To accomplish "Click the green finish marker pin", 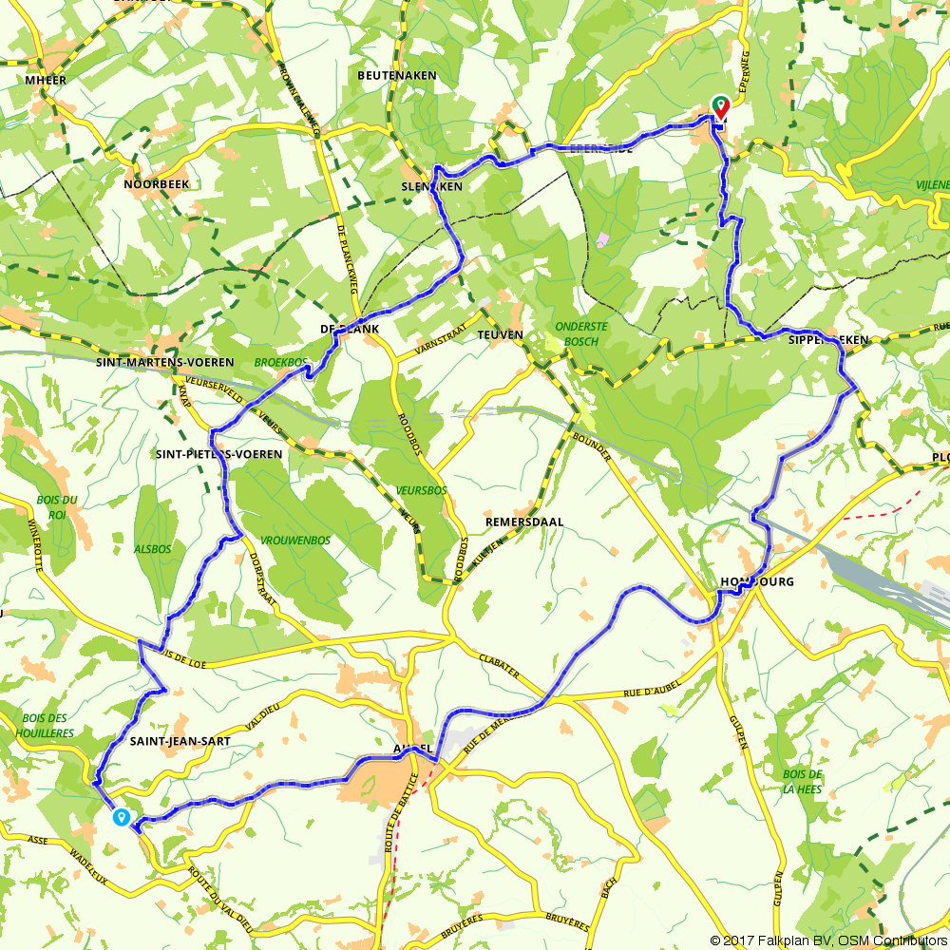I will (720, 106).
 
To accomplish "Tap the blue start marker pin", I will (122, 817).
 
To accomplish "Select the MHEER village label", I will (47, 82).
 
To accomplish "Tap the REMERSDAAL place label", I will (524, 522).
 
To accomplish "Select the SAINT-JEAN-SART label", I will (180, 741).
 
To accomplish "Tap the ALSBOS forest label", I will (152, 549).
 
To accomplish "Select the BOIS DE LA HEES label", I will (803, 781).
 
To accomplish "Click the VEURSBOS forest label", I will (422, 491).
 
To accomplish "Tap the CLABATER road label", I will (499, 665).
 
